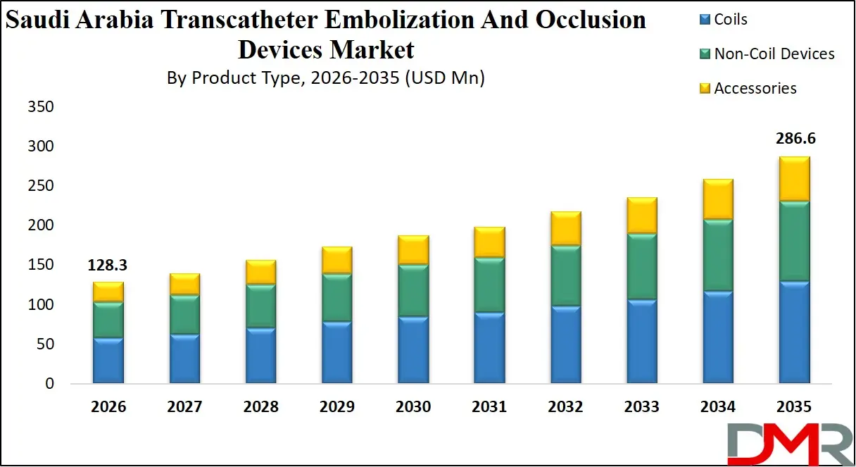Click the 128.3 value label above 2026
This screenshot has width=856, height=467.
[x=108, y=266]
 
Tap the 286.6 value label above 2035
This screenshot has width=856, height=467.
[x=794, y=139]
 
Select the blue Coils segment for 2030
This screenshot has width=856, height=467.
[x=413, y=350]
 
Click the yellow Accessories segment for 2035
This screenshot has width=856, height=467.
[x=794, y=179]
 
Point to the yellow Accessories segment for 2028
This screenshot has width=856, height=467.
[x=261, y=272]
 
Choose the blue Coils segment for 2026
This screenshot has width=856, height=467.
[x=108, y=361]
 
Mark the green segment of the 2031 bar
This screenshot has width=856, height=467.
[x=489, y=285]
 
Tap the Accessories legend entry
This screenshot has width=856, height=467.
[x=747, y=89]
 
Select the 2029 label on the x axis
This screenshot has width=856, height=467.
[x=337, y=407]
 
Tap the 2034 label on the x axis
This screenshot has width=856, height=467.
[x=718, y=407]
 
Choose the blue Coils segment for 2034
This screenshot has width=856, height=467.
[x=718, y=337]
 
